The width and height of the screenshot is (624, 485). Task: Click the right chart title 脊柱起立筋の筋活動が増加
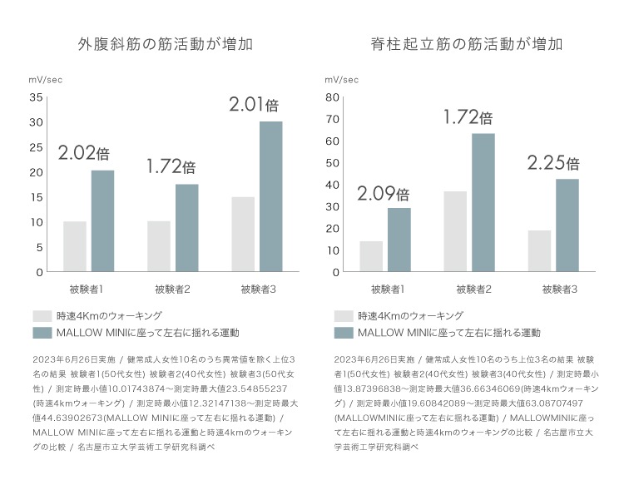[468, 44]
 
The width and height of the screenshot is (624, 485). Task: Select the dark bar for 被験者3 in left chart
[270, 196]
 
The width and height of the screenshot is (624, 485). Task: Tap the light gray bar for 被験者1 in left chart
[75, 246]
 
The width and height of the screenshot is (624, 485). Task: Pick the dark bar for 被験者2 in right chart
[483, 202]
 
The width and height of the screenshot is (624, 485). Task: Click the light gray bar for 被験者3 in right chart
[539, 250]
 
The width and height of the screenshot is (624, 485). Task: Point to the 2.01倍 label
[253, 105]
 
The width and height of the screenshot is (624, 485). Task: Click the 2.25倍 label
[552, 163]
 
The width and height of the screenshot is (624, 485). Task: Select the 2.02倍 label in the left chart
[84, 153]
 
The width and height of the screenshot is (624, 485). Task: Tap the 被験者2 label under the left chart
[173, 290]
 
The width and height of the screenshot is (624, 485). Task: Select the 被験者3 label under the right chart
[560, 290]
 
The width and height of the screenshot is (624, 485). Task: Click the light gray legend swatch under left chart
[42, 316]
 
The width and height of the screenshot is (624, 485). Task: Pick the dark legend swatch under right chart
[344, 333]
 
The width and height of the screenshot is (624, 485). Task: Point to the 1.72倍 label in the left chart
[171, 166]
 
